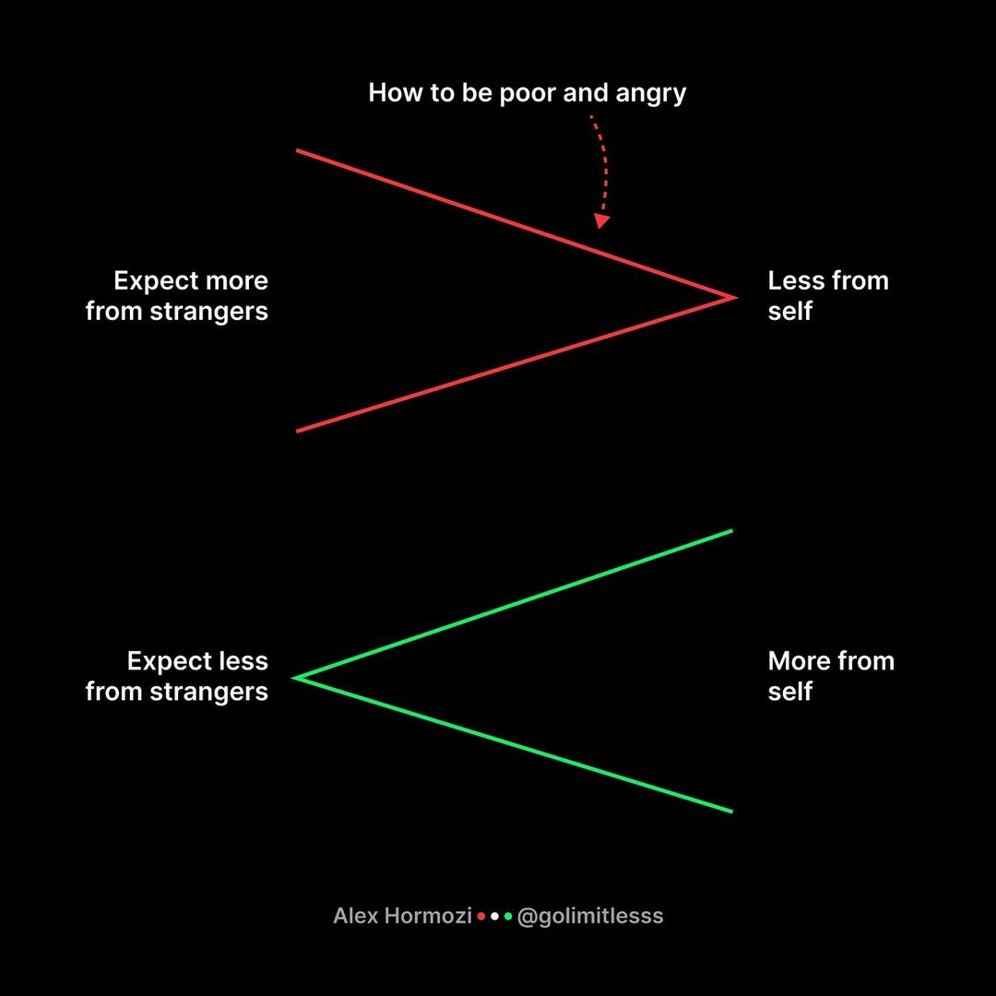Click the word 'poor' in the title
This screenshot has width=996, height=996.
tap(529, 93)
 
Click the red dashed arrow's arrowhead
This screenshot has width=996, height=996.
tap(601, 221)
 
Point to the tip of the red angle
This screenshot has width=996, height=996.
tap(735, 297)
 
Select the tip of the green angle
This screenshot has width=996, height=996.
tap(295, 678)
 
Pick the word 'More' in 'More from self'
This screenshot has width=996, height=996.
tap(799, 661)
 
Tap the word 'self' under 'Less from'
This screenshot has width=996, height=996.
tap(789, 312)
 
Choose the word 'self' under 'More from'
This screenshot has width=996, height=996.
tap(789, 692)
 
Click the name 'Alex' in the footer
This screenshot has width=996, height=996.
tap(353, 916)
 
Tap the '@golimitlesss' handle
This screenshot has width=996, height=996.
tap(590, 916)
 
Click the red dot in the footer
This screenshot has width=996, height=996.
tap(481, 917)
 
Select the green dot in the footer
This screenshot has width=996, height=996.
tap(508, 917)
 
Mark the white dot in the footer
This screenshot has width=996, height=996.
tap(495, 917)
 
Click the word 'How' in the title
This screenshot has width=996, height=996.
tap(389, 93)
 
